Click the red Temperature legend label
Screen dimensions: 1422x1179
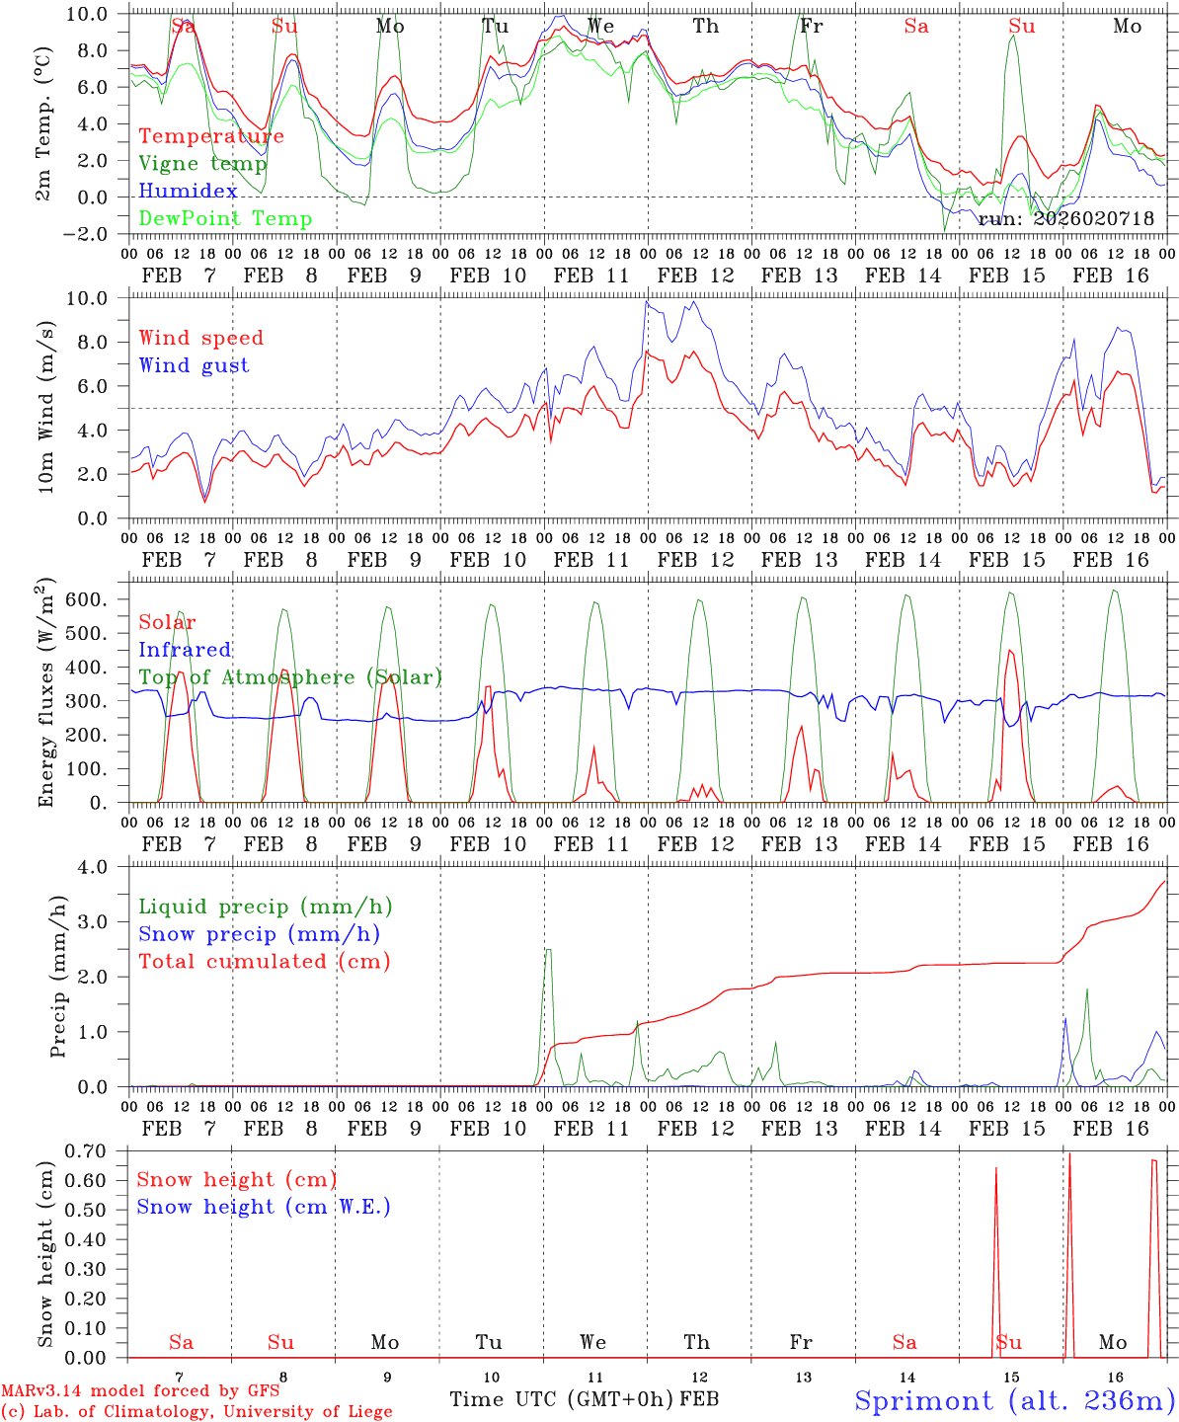211,136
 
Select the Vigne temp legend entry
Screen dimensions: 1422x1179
202,164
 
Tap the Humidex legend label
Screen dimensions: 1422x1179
188,192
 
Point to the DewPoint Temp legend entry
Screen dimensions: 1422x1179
225,219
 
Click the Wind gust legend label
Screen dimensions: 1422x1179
194,365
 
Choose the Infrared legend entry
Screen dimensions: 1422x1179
185,650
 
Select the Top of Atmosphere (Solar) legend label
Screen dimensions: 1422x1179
290,677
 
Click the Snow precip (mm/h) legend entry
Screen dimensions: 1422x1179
259,934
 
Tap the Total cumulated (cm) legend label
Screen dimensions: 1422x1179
264,962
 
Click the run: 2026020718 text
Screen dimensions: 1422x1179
1065,219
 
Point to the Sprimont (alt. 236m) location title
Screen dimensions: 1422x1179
1014,1400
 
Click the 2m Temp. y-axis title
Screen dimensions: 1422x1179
44,123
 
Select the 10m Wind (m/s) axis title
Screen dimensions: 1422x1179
44,408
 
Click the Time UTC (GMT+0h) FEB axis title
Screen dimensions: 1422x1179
584,1399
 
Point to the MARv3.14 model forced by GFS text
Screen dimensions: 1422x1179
140,1391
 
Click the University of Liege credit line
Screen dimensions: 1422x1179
196,1412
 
